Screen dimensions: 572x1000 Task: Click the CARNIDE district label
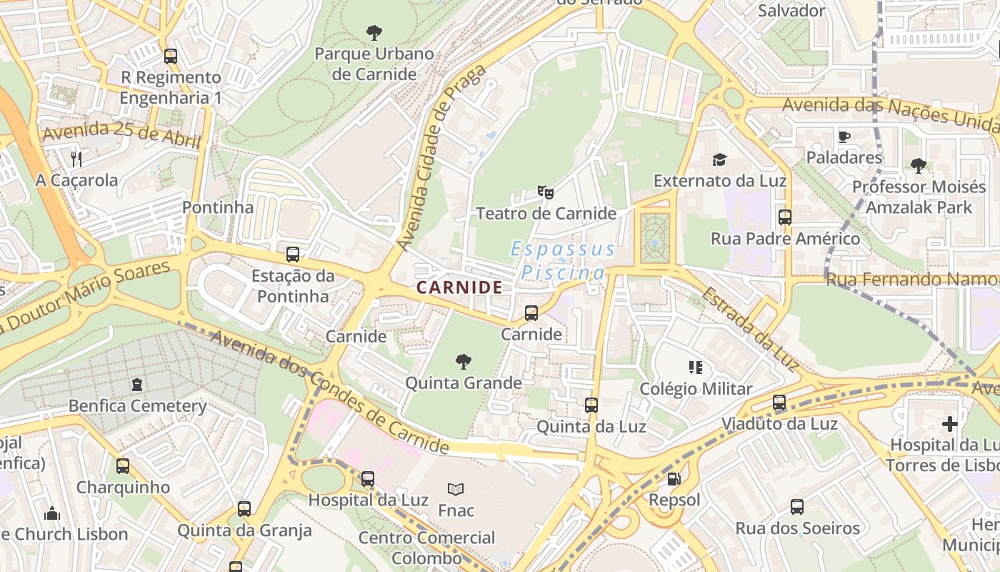[x=459, y=287]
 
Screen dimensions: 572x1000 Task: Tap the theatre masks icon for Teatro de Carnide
[x=546, y=192]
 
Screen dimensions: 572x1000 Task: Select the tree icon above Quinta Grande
[x=464, y=361]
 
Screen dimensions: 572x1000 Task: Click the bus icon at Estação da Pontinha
[x=293, y=254]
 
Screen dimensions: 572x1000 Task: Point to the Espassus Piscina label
[x=563, y=261]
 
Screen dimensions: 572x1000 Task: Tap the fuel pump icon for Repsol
[x=674, y=478]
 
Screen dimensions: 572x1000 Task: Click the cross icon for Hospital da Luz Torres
[x=949, y=424]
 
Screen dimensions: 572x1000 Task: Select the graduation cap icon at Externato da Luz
[x=719, y=159]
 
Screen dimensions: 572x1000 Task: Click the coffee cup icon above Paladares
[x=844, y=136]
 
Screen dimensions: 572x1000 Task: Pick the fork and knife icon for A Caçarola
[x=76, y=159]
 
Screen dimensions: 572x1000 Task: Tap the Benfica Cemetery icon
[x=137, y=385]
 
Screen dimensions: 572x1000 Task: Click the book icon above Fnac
[x=456, y=489]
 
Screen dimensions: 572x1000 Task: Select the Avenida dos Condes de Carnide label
[x=329, y=393]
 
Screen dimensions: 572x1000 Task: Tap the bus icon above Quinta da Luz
[x=591, y=405]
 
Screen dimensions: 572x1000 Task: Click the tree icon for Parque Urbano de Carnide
[x=374, y=32]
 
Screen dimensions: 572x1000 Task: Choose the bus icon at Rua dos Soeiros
[x=797, y=507]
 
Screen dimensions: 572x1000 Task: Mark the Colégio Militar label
[x=696, y=389]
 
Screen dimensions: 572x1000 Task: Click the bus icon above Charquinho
[x=123, y=466]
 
